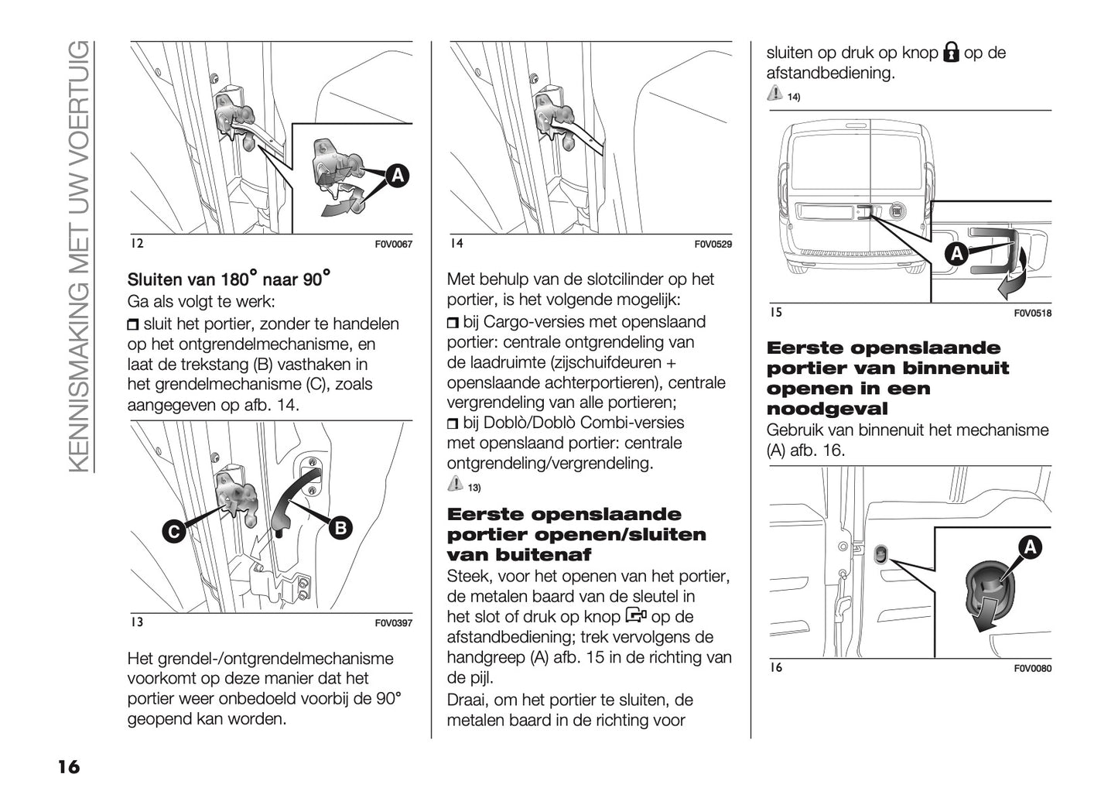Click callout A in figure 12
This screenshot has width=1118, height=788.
tap(396, 176)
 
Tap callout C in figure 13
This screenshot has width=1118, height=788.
tap(174, 531)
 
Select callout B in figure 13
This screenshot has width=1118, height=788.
tap(339, 529)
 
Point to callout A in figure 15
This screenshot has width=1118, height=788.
tap(956, 254)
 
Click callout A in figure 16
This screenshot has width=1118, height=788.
tap(1030, 548)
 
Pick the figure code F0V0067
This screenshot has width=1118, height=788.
tap(394, 245)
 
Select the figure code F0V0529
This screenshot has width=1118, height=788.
tap(713, 245)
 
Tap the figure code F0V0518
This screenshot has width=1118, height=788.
tap(1032, 313)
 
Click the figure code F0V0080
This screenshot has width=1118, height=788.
tap(1032, 669)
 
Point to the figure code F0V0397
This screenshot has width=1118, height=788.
tap(394, 623)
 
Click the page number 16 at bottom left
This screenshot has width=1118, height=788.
tap(67, 766)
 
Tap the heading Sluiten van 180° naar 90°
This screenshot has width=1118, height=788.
tap(229, 279)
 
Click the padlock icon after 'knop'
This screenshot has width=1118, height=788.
tap(951, 53)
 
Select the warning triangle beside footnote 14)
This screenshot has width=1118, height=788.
tap(774, 94)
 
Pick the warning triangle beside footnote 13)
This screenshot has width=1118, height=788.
tap(455, 485)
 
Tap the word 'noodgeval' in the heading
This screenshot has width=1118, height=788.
tap(826, 409)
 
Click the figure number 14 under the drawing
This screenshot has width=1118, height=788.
tap(456, 244)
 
